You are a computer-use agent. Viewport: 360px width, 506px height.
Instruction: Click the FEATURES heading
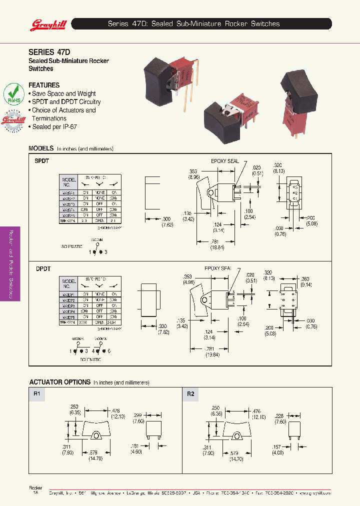click(x=44, y=85)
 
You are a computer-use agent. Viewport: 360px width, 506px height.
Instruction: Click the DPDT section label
click(x=43, y=269)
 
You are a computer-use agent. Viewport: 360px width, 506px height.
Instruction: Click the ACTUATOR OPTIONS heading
click(x=59, y=382)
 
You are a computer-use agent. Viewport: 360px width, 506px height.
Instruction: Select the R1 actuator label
click(x=36, y=394)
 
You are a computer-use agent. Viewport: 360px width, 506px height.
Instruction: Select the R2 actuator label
click(x=190, y=394)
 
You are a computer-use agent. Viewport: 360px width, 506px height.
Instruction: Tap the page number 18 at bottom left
click(x=35, y=492)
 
